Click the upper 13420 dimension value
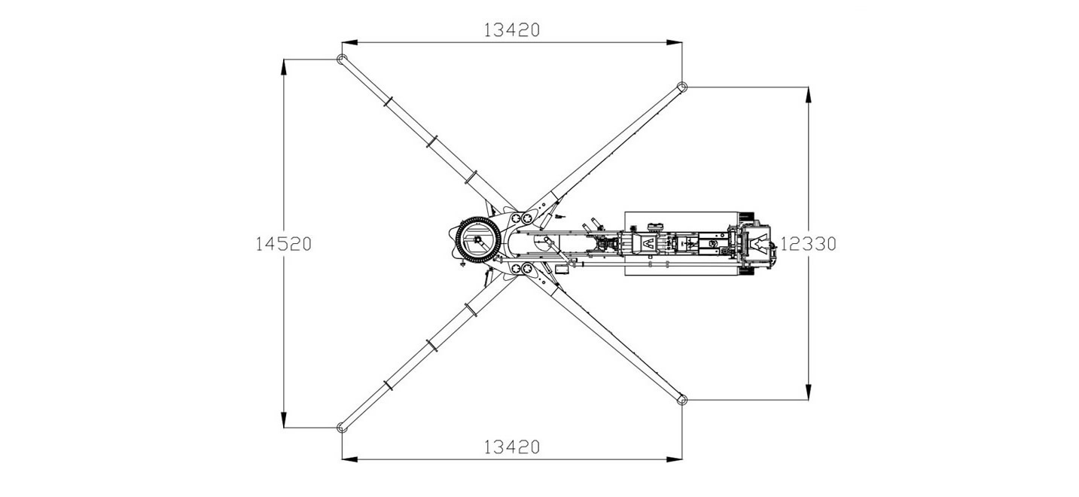pyautogui.click(x=511, y=30)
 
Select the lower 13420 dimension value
pyautogui.click(x=511, y=447)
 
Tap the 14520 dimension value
pyautogui.click(x=283, y=244)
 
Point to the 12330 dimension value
pyautogui.click(x=808, y=244)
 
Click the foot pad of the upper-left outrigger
pyautogui.click(x=342, y=59)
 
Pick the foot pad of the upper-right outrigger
pyautogui.click(x=682, y=87)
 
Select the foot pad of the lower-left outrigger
pyautogui.click(x=342, y=427)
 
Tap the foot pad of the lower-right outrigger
pyautogui.click(x=682, y=399)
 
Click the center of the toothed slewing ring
pyautogui.click(x=477, y=239)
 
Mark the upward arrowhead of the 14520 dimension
pyautogui.click(x=284, y=67)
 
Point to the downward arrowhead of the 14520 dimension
pyautogui.click(x=284, y=420)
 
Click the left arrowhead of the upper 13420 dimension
pyautogui.click(x=349, y=42)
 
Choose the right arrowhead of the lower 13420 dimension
pyautogui.click(x=675, y=459)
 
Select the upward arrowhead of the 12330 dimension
pyautogui.click(x=808, y=95)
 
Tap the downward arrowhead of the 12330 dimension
pyautogui.click(x=808, y=392)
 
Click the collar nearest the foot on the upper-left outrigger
pyautogui.click(x=388, y=102)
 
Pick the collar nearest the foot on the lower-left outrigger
pyautogui.click(x=388, y=386)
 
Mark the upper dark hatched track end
pyautogui.click(x=746, y=216)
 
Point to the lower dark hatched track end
pyautogui.click(x=746, y=272)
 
